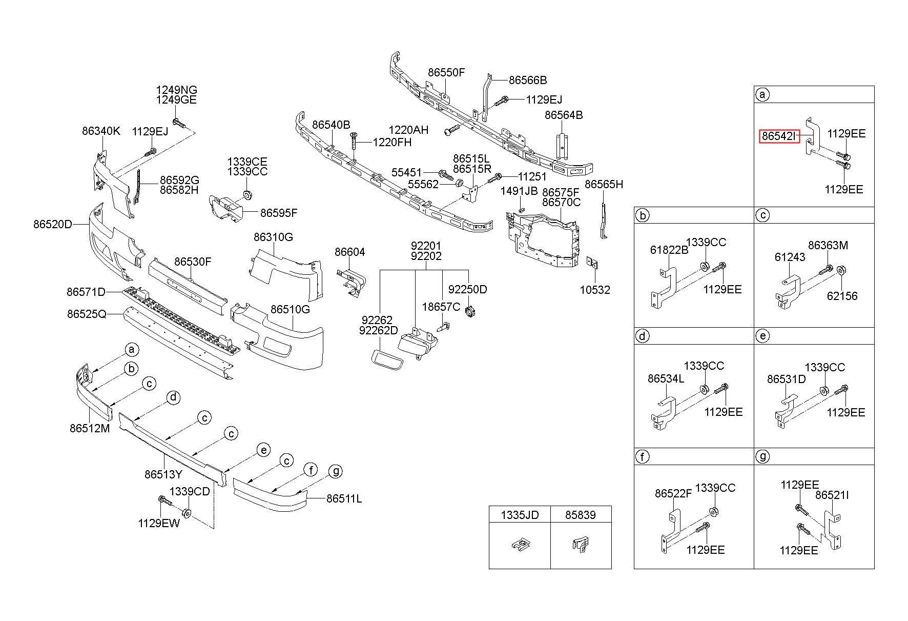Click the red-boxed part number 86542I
[779, 136]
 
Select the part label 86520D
[53, 224]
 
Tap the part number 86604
[350, 252]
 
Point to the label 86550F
[446, 73]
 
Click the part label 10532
[595, 290]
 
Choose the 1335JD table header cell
[520, 515]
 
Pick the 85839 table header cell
[581, 515]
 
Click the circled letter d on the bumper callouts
[174, 397]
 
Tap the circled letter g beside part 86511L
[335, 471]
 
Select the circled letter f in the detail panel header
[642, 456]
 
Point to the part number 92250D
[468, 290]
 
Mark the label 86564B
[564, 115]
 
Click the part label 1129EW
[159, 523]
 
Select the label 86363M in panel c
[828, 246]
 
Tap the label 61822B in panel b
[669, 250]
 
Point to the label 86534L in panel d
[666, 379]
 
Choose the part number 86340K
[101, 131]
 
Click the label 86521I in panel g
[832, 495]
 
